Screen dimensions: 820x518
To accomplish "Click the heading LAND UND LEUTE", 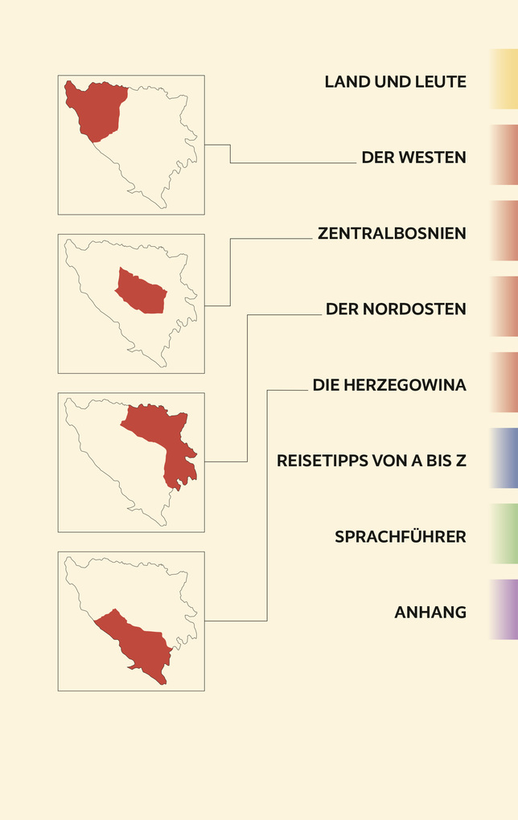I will [x=395, y=82].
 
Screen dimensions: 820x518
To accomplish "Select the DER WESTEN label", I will [x=413, y=158].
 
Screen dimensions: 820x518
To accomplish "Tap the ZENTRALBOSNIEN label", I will [x=392, y=234].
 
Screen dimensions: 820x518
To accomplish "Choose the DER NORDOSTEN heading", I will [x=396, y=310].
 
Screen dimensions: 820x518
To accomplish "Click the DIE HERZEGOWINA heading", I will [x=389, y=386].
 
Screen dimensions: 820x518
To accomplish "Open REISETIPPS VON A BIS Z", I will [x=371, y=461].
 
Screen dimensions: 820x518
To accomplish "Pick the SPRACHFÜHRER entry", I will [x=400, y=537].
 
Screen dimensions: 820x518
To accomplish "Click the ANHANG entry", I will [x=430, y=613].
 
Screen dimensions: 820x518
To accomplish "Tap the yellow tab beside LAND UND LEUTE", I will [x=504, y=79].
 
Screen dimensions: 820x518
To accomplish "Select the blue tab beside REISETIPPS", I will [x=504, y=458].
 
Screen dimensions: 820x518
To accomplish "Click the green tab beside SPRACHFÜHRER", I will [x=504, y=534].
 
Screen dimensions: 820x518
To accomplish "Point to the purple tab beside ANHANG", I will [x=504, y=609].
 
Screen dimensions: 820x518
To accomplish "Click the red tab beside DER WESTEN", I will [x=504, y=154].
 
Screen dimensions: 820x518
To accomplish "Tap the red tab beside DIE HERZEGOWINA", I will [x=504, y=383].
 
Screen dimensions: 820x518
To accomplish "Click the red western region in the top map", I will [x=95, y=109].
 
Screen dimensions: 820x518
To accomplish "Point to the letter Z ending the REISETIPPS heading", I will [x=462, y=461].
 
